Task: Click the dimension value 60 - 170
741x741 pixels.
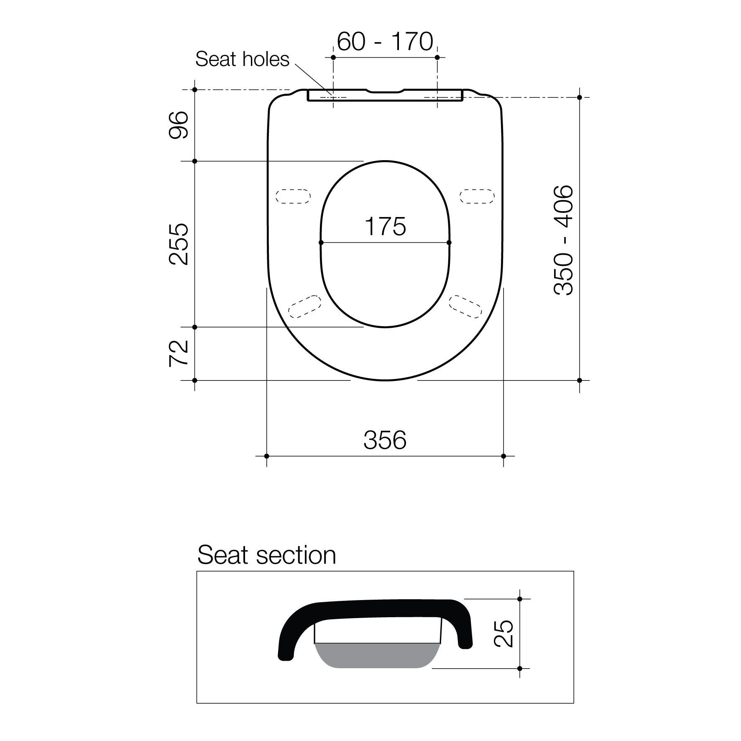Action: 385,42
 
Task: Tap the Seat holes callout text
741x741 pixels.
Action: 242,59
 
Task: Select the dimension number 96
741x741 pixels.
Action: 179,125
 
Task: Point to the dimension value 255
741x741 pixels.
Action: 179,244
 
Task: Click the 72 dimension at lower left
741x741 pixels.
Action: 179,354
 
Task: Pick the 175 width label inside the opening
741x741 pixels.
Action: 385,226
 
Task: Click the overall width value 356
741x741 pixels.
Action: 385,440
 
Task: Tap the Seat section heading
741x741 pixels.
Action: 266,555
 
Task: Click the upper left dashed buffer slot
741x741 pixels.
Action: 293,196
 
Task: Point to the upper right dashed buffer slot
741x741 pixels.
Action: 477,196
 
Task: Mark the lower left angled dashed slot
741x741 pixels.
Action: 304,307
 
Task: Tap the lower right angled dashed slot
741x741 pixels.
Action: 465,307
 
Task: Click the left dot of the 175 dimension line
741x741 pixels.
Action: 321,243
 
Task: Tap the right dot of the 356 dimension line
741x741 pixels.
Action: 503,456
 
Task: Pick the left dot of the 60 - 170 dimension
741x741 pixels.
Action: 333,57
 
